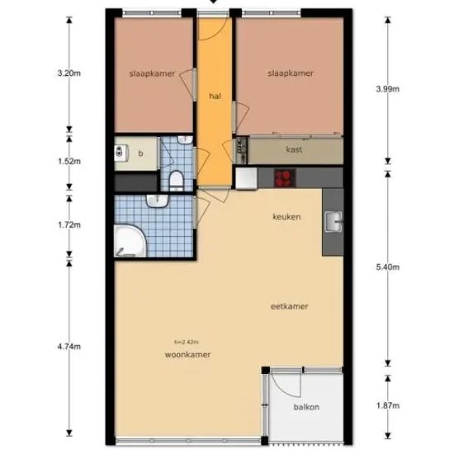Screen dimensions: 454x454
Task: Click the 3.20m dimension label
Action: tap(69, 73)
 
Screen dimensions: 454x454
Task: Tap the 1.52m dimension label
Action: tap(69, 161)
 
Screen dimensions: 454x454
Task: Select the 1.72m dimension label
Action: tap(69, 225)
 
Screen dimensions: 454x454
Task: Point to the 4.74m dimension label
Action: tap(69, 347)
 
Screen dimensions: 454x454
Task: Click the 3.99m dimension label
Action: tap(388, 89)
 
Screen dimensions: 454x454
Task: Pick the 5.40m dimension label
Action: tap(388, 267)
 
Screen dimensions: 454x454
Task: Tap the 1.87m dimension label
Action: tap(388, 405)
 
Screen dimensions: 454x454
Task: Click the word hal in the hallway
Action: tap(215, 96)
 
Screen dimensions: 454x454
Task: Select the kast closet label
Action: tap(294, 149)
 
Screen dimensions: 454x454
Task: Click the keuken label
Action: tap(286, 216)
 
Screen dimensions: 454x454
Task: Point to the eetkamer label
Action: tap(289, 306)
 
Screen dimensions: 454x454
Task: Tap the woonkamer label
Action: tap(187, 355)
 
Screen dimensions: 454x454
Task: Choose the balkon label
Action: tap(306, 407)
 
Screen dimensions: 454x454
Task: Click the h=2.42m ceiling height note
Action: tap(187, 343)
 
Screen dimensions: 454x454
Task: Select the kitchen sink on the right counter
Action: tap(333, 222)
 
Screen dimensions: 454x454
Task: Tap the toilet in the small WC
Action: tap(177, 181)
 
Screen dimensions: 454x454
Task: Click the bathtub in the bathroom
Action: tap(130, 241)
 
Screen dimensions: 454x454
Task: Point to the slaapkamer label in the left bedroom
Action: tap(152, 73)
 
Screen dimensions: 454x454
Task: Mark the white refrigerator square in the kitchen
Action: tap(247, 178)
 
